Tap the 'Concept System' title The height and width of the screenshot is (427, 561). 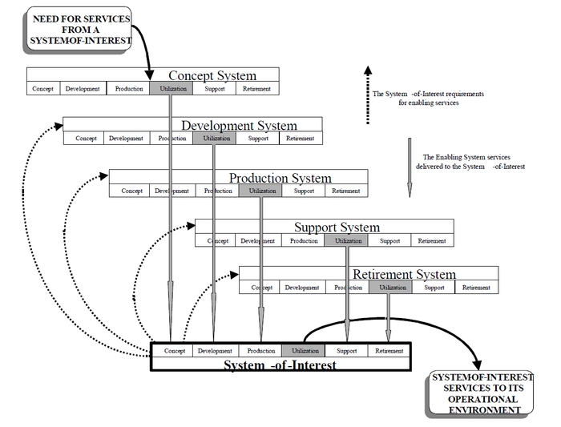[212, 75]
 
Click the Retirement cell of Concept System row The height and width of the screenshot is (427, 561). [257, 89]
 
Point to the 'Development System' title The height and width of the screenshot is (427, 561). [239, 125]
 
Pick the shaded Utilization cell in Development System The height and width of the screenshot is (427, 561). [215, 139]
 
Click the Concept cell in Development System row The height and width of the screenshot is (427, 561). [86, 139]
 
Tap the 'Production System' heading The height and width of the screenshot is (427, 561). [280, 178]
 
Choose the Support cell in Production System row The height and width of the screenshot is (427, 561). [304, 191]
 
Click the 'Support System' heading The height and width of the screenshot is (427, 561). [337, 228]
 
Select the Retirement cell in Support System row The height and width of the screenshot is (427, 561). [432, 240]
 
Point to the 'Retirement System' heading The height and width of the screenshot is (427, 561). [404, 275]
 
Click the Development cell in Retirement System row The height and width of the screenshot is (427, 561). [302, 288]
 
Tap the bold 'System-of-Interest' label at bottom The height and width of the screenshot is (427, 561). [280, 365]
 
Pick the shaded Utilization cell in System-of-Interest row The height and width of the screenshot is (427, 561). [305, 351]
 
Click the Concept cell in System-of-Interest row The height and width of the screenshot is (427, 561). [175, 351]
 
